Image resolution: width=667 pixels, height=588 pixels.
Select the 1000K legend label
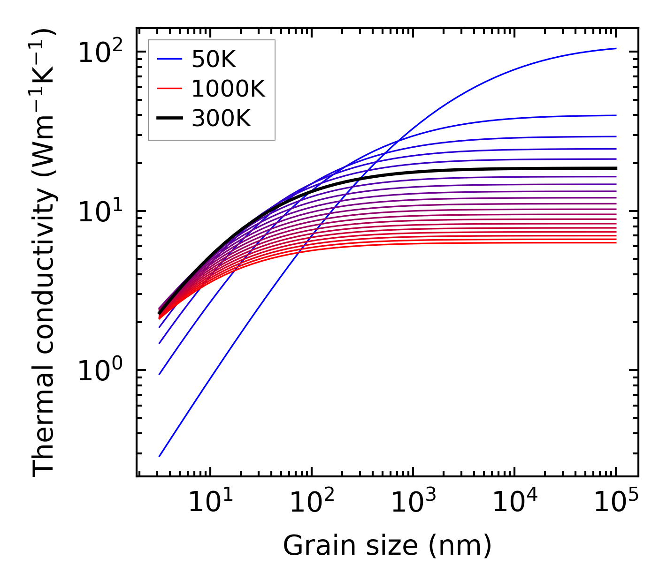click(228, 89)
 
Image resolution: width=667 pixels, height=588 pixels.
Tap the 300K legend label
click(221, 119)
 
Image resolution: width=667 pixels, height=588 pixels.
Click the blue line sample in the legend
click(169, 59)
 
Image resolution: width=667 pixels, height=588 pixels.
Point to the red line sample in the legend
click(169, 89)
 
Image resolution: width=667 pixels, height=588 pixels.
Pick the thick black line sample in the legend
click(169, 119)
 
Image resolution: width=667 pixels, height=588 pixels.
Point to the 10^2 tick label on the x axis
click(312, 503)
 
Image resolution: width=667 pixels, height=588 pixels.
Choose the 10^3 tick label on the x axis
click(413, 503)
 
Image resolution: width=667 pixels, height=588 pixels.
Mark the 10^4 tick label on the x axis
click(514, 503)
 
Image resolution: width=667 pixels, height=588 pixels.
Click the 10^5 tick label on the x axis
click(616, 503)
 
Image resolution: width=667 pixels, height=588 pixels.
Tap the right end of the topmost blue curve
click(616, 48)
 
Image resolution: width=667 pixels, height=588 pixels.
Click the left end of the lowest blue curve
click(160, 456)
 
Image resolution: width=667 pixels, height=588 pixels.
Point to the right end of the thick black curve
click(616, 168)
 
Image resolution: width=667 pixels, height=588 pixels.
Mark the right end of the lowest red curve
click(616, 242)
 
